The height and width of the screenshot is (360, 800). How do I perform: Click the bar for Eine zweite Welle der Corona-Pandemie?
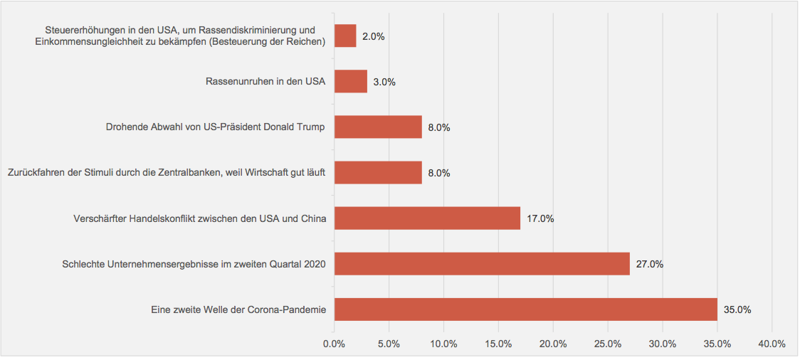pyautogui.click(x=525, y=309)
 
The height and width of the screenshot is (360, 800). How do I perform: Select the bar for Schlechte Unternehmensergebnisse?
pyautogui.click(x=482, y=264)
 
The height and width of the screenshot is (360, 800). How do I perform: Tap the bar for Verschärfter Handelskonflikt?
pyautogui.click(x=427, y=218)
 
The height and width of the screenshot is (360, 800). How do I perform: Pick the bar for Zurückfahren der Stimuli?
pyautogui.click(x=378, y=173)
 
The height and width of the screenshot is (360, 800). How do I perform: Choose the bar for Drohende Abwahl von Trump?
pyautogui.click(x=378, y=127)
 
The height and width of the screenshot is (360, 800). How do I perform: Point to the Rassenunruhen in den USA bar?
pyautogui.click(x=351, y=82)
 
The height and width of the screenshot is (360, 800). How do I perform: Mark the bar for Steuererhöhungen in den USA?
pyautogui.click(x=345, y=36)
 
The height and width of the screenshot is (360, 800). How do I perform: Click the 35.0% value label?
pyautogui.click(x=737, y=309)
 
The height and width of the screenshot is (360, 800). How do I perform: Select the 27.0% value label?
pyautogui.click(x=650, y=264)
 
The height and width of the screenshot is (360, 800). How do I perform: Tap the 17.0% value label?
pyautogui.click(x=540, y=218)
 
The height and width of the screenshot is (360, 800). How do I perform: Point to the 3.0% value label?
pyautogui.click(x=384, y=82)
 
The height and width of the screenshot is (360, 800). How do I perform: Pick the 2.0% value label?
pyautogui.click(x=374, y=36)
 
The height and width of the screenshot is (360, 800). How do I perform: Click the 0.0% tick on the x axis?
pyautogui.click(x=334, y=344)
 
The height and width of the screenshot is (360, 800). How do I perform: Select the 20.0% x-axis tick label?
pyautogui.click(x=553, y=344)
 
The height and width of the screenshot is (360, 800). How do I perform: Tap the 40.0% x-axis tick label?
pyautogui.click(x=772, y=344)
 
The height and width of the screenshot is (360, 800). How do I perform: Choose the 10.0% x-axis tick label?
pyautogui.click(x=443, y=344)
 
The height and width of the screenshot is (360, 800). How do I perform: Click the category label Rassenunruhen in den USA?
pyautogui.click(x=265, y=82)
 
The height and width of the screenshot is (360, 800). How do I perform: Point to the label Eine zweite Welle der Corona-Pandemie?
pyautogui.click(x=238, y=309)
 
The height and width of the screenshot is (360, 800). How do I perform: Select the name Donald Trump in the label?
pyautogui.click(x=293, y=127)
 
